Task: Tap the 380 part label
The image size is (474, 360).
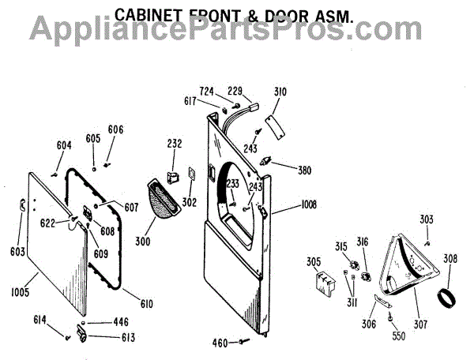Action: (x=304, y=169)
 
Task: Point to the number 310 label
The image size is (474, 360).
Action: (x=280, y=93)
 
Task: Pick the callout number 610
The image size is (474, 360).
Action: (x=147, y=304)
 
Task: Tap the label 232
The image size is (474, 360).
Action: (x=175, y=144)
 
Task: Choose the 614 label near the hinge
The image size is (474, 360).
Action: (x=39, y=320)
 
